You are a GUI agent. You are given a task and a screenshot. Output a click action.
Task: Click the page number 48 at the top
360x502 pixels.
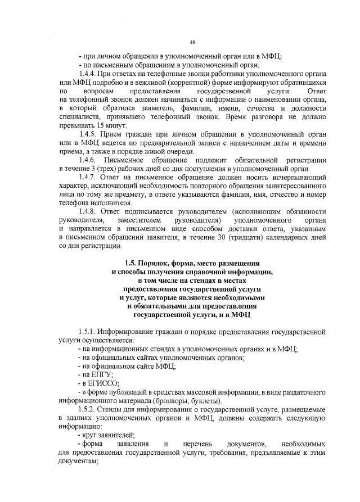click(192, 42)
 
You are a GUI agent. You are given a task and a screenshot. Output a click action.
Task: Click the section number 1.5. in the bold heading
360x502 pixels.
click(132, 263)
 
